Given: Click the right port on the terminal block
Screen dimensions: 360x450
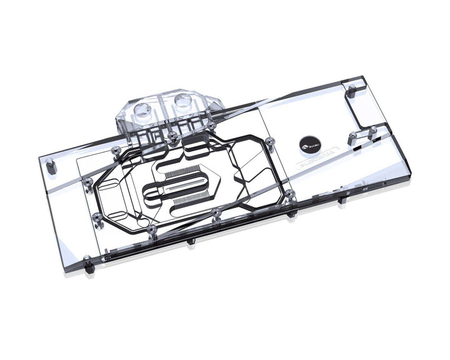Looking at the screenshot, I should tap(183, 99).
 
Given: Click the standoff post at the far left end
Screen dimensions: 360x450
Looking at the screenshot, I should tap(51, 166).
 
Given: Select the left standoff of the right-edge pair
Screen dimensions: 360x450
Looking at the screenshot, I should tap(352, 136).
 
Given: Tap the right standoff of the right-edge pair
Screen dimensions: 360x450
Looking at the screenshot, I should tap(372, 131).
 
